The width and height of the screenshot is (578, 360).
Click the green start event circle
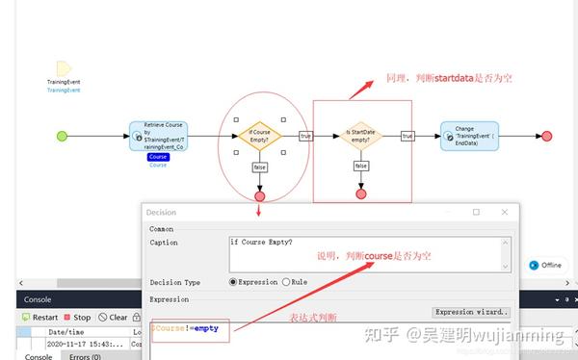[63, 137]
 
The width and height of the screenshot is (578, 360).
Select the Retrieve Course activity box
[158, 137]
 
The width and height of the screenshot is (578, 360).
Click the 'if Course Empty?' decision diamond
[259, 136]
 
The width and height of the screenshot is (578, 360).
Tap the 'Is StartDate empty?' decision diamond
[361, 136]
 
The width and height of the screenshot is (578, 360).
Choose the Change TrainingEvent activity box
[469, 136]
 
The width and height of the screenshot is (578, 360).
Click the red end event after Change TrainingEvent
[547, 137]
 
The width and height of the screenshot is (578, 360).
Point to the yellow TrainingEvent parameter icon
[64, 68]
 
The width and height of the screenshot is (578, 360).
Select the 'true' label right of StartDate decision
[407, 136]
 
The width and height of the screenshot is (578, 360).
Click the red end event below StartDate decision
[361, 193]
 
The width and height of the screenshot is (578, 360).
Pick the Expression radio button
[233, 282]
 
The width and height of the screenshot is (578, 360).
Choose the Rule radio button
[286, 282]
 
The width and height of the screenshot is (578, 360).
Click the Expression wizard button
[471, 312]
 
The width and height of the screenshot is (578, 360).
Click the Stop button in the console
[77, 317]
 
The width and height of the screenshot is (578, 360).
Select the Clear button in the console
[113, 317]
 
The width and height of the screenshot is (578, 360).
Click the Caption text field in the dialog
[369, 253]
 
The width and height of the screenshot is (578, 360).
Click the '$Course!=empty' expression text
[185, 329]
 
